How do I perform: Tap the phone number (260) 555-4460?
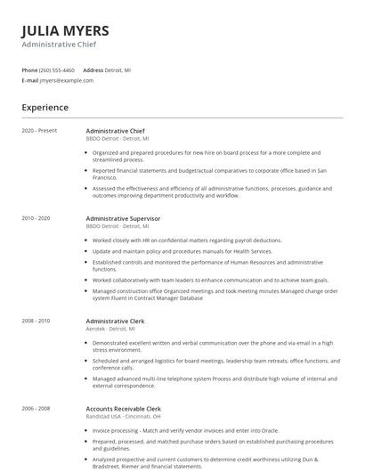(x=57, y=69)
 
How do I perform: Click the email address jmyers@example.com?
(x=66, y=80)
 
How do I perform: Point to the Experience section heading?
(x=45, y=108)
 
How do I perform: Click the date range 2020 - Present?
(x=39, y=130)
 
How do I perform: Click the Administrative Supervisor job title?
(x=123, y=217)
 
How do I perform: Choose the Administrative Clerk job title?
(x=115, y=320)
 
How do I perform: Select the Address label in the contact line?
(x=93, y=69)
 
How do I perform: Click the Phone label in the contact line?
(x=29, y=69)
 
